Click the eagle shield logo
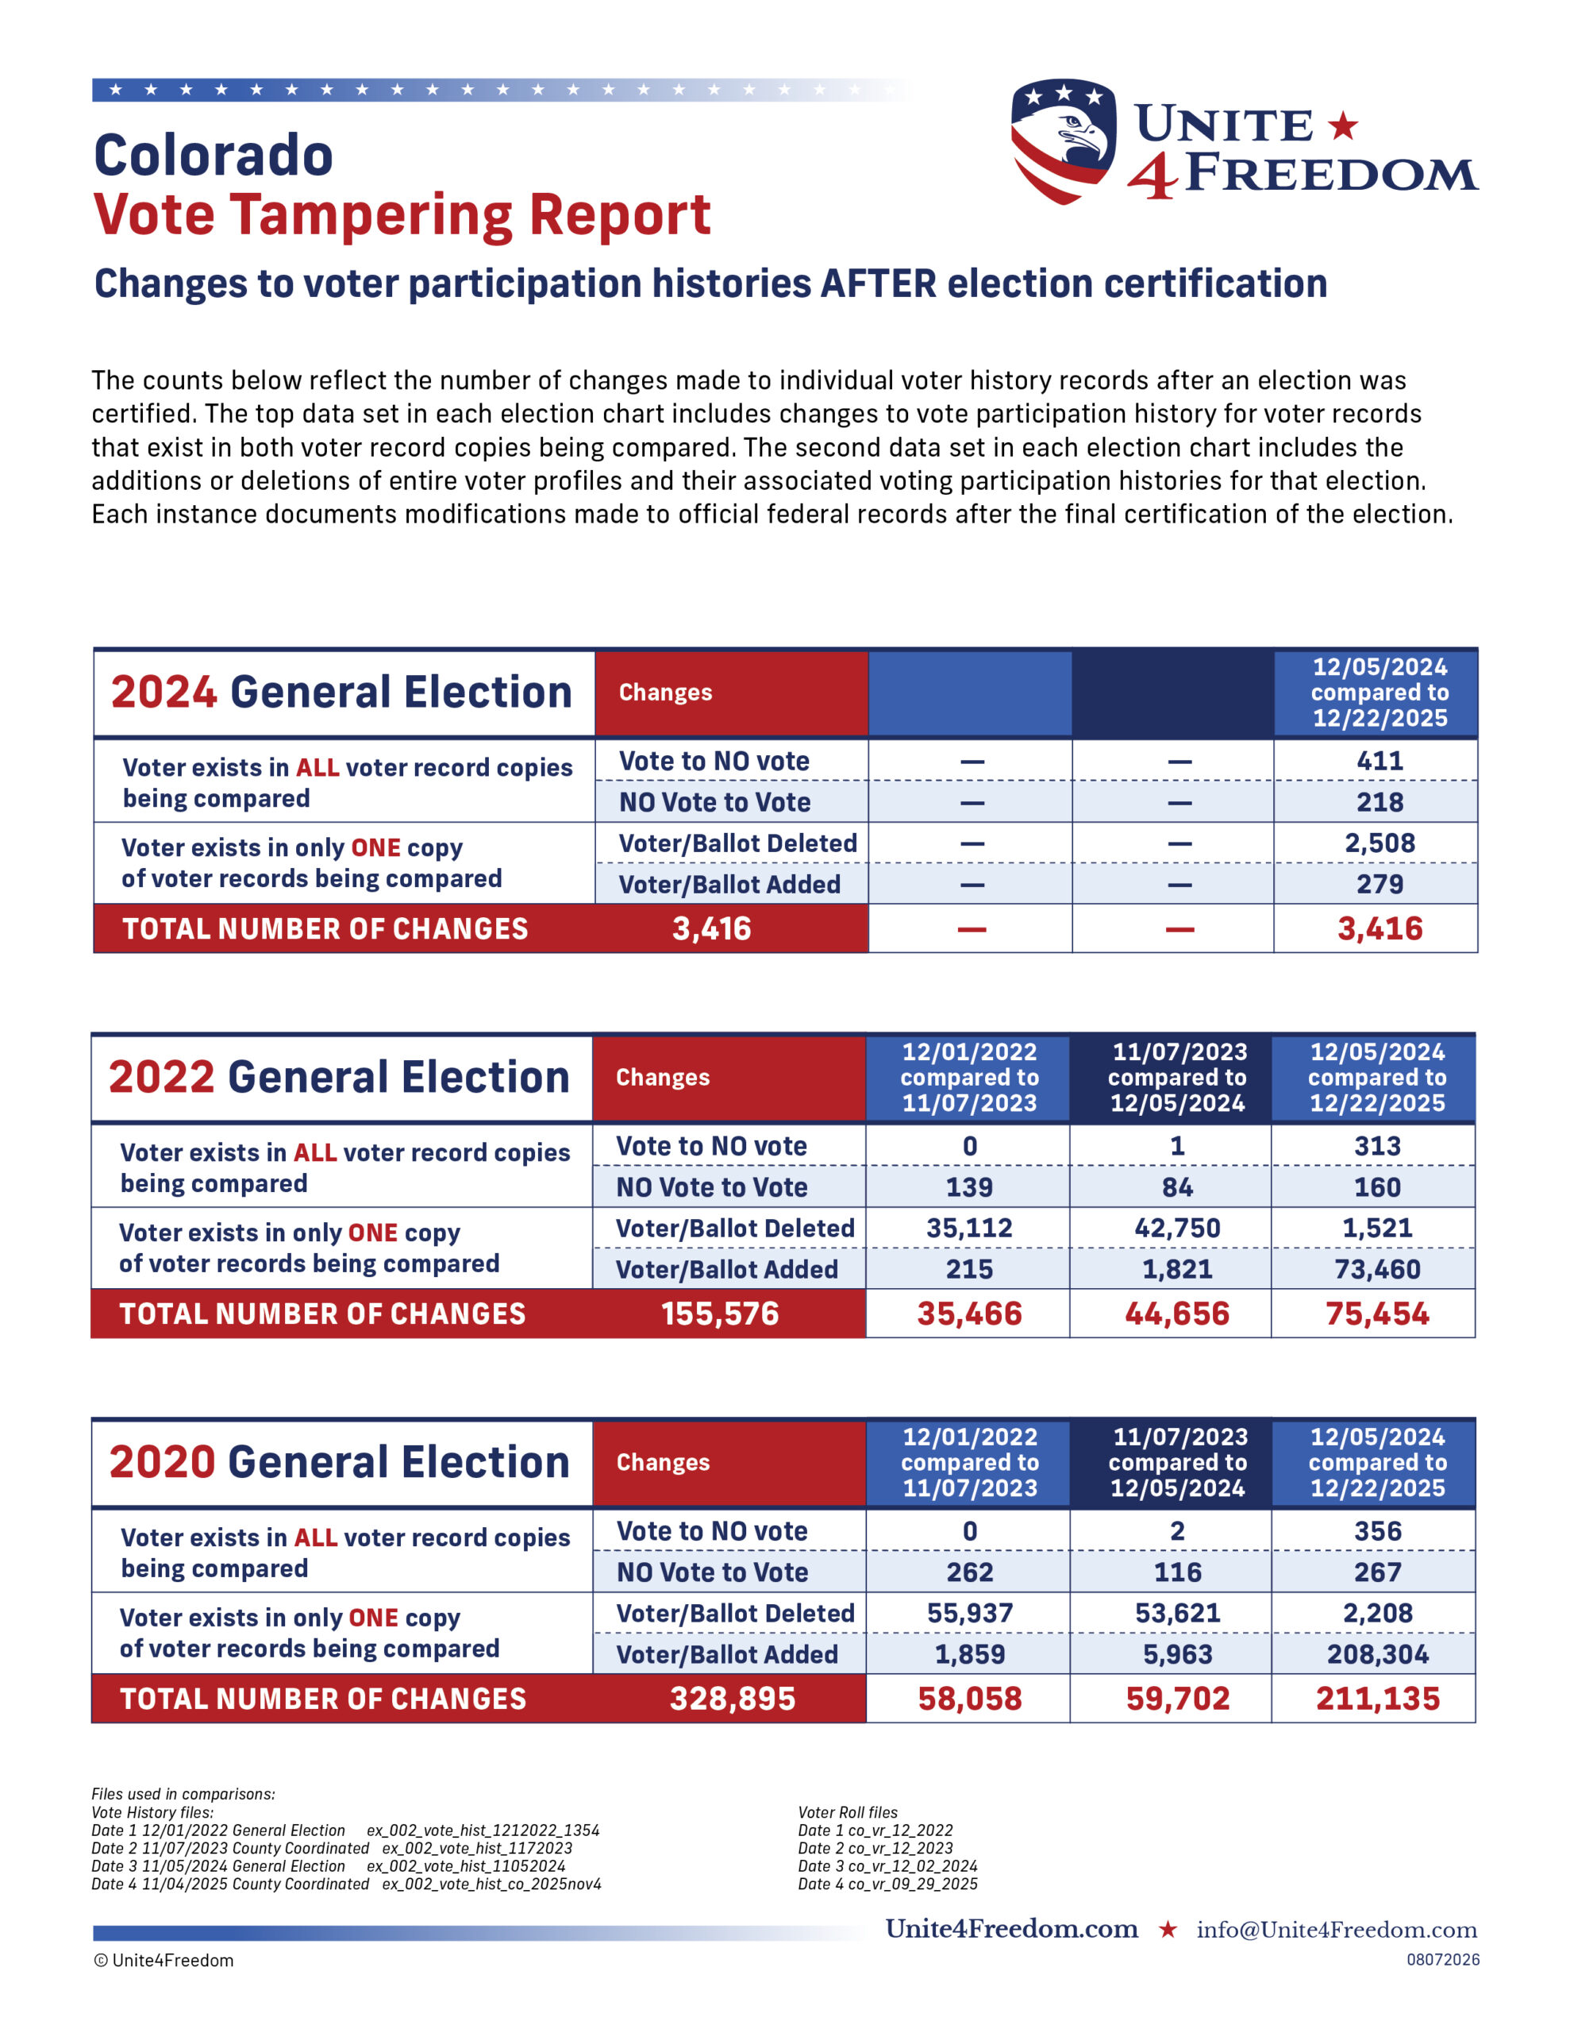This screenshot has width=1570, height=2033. (1063, 141)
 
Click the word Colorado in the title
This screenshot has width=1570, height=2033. (214, 155)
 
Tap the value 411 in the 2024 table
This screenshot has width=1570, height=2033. (1380, 761)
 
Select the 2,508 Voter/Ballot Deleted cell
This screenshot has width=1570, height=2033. (1380, 843)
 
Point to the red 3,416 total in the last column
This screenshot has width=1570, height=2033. (1380, 928)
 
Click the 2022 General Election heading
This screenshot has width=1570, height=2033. (339, 1076)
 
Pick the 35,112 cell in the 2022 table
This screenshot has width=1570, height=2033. (969, 1228)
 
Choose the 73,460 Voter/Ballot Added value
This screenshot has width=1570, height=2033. (1377, 1269)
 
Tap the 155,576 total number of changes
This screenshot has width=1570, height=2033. (719, 1314)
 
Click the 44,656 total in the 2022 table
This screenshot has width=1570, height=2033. (1176, 1314)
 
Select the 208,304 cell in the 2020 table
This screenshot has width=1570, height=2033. (1377, 1654)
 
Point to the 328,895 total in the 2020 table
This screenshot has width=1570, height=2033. (733, 1699)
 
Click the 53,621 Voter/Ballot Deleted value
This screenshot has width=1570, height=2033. (1177, 1613)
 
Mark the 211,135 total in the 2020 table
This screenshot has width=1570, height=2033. (1377, 1699)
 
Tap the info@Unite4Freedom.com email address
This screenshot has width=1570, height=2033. (1337, 1930)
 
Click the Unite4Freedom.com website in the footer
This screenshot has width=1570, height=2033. (1012, 1929)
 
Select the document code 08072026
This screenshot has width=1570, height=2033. (1442, 1959)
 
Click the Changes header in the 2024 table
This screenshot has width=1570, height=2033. (665, 692)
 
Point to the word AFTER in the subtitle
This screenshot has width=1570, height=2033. (878, 283)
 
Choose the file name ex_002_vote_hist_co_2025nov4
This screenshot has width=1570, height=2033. (491, 1884)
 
